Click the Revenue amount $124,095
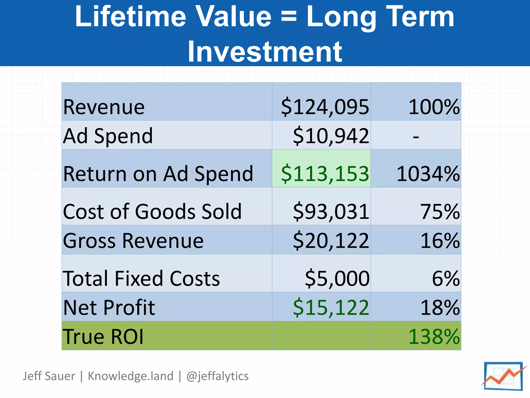(x=325, y=107)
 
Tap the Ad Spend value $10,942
(x=331, y=136)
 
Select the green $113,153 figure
(x=325, y=174)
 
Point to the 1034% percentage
(x=428, y=174)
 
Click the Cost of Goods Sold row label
(x=152, y=211)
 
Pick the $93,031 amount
(x=331, y=211)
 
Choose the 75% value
(x=440, y=211)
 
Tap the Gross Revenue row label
(x=133, y=241)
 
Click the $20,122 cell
(x=331, y=241)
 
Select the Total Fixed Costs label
(x=141, y=279)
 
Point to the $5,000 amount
(x=337, y=279)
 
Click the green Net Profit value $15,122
(x=331, y=308)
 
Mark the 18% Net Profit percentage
(x=440, y=308)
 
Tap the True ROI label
(x=103, y=337)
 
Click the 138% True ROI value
(x=434, y=337)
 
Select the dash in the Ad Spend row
(x=416, y=137)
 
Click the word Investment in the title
(x=265, y=52)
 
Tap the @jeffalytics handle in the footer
(x=217, y=376)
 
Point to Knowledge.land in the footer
(x=130, y=376)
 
